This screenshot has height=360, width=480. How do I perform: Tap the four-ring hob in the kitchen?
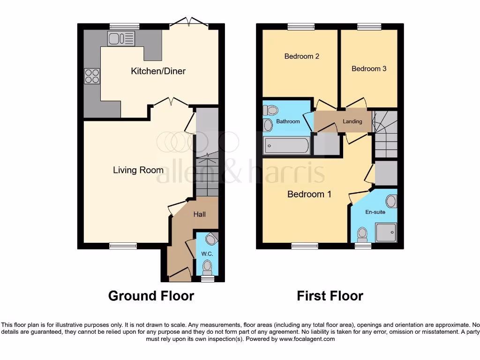coord(92,76)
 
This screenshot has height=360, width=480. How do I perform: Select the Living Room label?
coord(138,170)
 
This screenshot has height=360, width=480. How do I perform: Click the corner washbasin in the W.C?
coord(211,239)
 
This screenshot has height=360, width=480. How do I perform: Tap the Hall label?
coord(200,214)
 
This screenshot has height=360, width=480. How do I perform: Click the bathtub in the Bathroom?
coord(286,146)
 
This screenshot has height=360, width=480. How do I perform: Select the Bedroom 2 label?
coord(302,56)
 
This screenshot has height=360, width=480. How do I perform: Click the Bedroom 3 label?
coord(369,68)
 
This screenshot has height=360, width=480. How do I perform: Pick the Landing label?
coord(352,121)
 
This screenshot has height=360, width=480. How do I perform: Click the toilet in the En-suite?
coord(362,233)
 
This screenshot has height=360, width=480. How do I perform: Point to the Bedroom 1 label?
coord(309,194)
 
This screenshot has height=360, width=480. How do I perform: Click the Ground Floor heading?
coord(151,296)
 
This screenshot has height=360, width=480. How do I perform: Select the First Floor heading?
coord(330,296)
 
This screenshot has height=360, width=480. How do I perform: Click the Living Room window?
coord(123,246)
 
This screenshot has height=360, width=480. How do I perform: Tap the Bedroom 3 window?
coord(369,27)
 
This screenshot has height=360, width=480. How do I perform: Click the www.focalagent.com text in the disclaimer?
coord(307,339)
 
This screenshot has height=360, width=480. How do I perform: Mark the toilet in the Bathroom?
coord(271,111)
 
